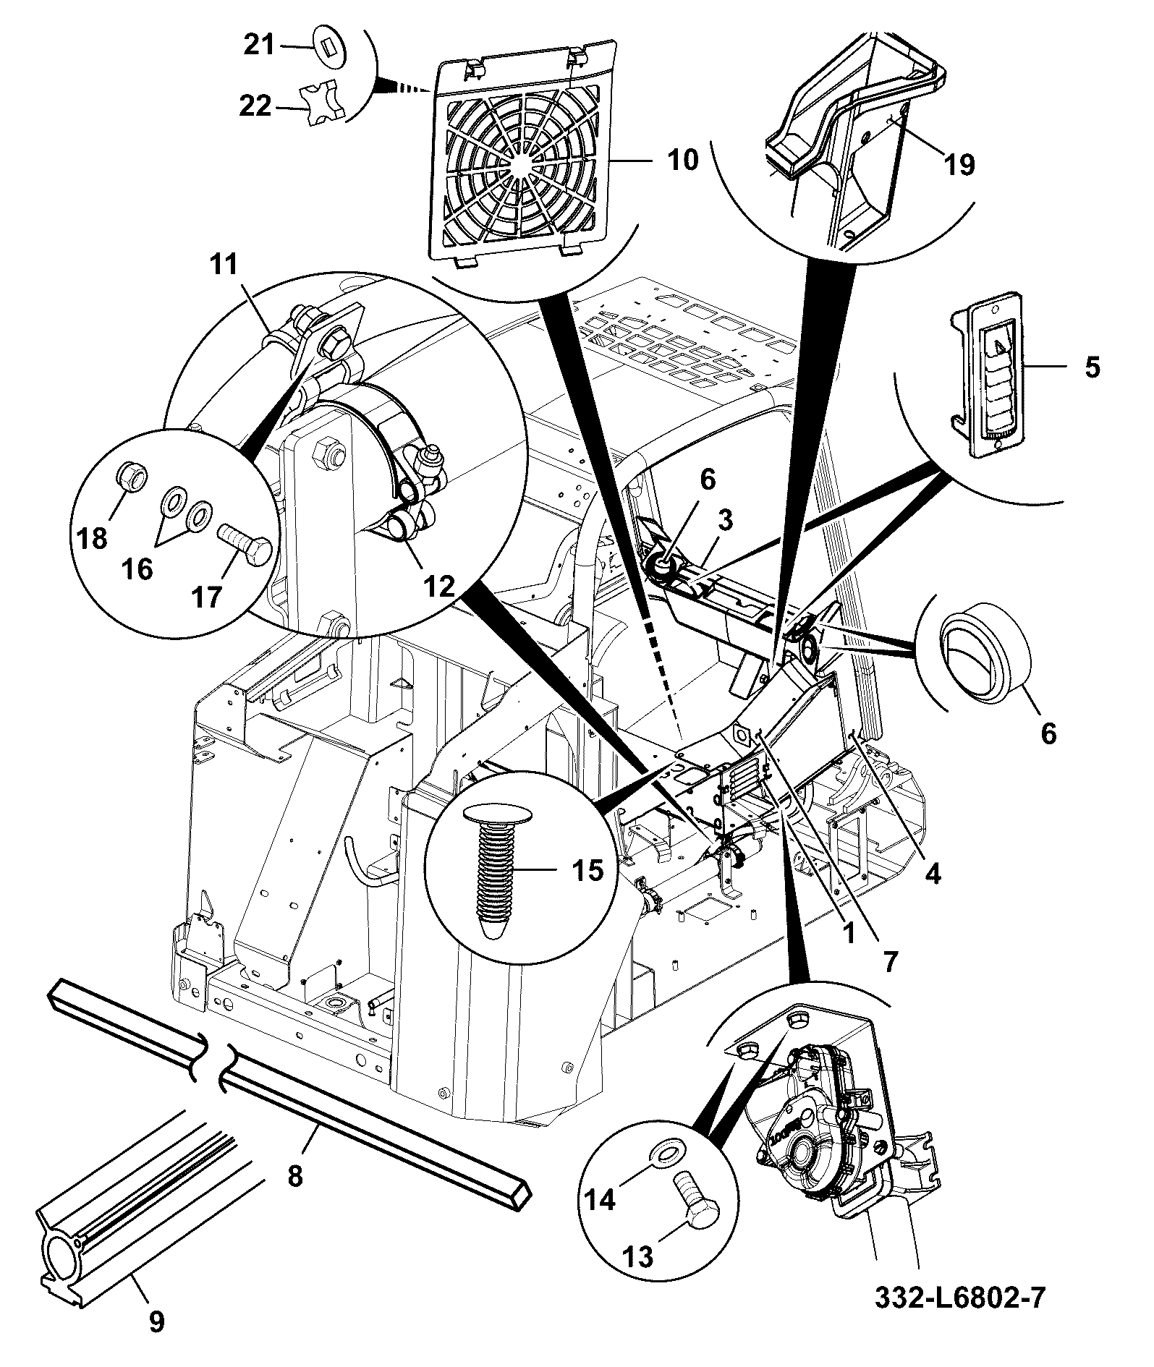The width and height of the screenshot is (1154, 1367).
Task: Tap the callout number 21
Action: (x=258, y=46)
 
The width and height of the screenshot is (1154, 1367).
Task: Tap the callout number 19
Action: (x=959, y=164)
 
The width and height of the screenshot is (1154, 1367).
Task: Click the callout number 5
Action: (x=1093, y=367)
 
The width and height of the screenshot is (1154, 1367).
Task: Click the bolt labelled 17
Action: (x=245, y=545)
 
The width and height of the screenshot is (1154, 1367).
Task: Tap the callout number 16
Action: (x=137, y=569)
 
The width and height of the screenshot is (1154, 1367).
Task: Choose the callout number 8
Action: (x=294, y=1176)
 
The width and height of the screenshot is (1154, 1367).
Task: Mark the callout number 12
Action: (x=439, y=586)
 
